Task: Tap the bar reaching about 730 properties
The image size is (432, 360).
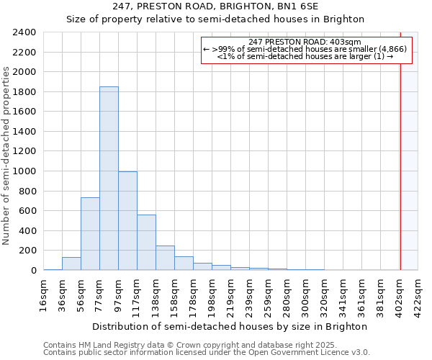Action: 90,234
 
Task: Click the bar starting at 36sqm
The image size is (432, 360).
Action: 71,264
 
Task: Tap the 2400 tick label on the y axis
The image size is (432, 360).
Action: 24,32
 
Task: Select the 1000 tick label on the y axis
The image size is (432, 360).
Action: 24,171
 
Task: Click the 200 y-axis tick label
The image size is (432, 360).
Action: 27,251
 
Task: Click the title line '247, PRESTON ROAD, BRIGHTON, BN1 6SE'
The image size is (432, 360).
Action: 215,6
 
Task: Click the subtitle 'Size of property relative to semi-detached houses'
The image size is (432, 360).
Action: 215,19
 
